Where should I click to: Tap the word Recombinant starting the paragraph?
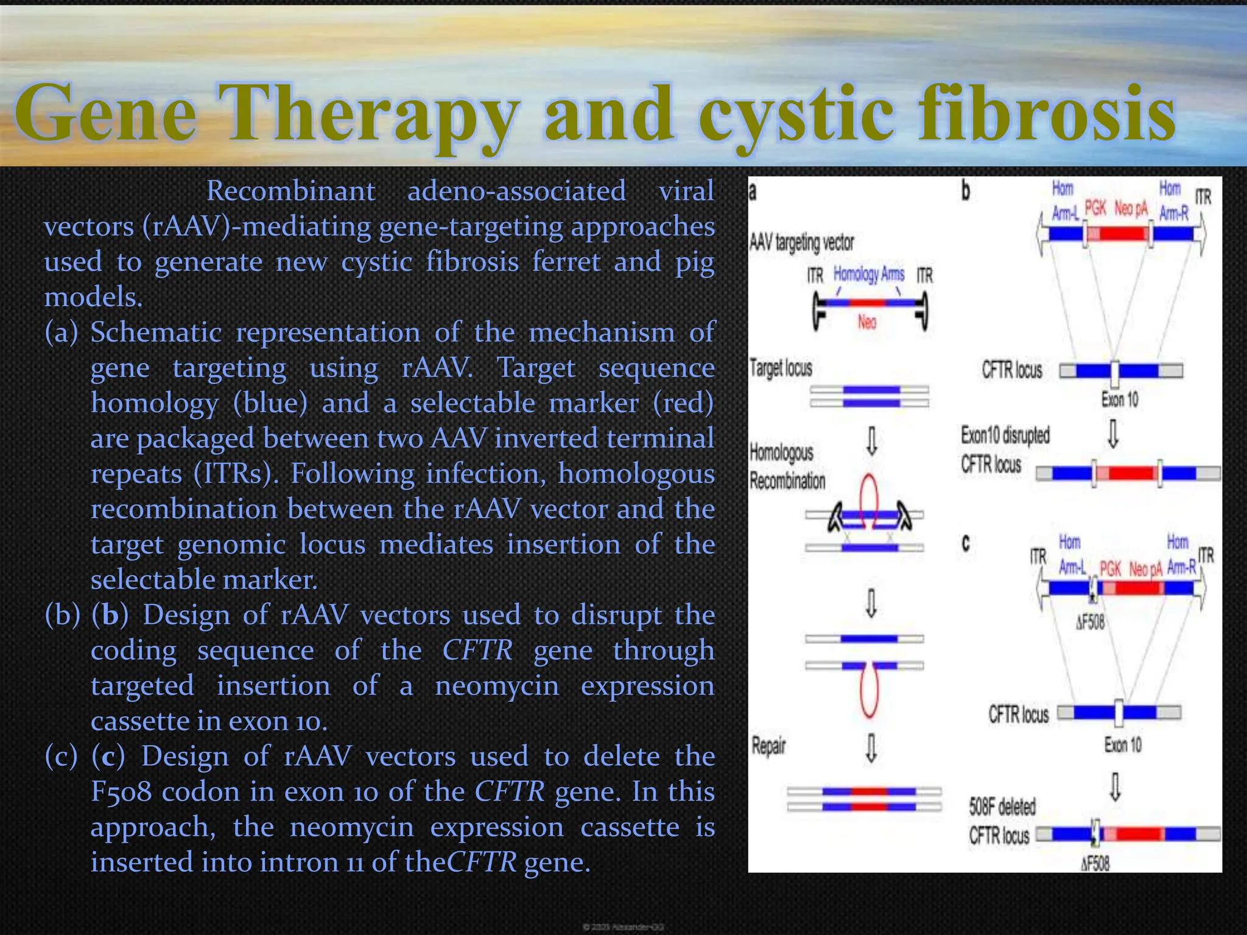(x=290, y=191)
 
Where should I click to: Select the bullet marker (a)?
(x=61, y=333)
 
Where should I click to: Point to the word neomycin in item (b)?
(x=497, y=686)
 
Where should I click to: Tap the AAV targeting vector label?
(x=802, y=243)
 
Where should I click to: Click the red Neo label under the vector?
(x=867, y=322)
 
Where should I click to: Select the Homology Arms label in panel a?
(x=869, y=275)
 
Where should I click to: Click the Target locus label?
(x=781, y=368)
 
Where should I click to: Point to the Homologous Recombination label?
(x=787, y=466)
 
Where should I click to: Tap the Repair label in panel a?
(x=768, y=746)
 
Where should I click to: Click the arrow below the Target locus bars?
(x=872, y=441)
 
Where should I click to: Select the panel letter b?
(x=966, y=191)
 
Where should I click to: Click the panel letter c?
(x=966, y=542)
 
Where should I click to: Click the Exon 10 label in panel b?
(x=1119, y=400)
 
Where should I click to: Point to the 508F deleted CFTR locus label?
(x=1002, y=821)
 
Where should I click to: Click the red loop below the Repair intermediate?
(x=869, y=694)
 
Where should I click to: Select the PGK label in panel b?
(x=1095, y=209)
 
